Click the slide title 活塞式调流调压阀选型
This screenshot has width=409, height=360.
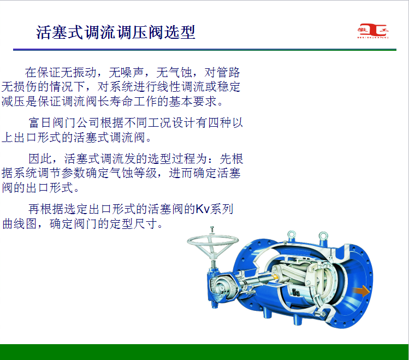coord(116,32)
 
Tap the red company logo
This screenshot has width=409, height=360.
coord(373,31)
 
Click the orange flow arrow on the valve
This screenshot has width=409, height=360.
coord(361,291)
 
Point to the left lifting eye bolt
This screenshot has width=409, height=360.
coord(292,235)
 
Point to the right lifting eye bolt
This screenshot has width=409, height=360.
coord(323,237)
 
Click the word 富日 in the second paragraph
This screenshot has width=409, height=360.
coord(40,122)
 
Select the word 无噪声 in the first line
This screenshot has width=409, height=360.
coord(126,72)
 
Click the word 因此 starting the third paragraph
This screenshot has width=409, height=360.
coord(40,158)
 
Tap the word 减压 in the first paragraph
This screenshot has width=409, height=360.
coord(13,101)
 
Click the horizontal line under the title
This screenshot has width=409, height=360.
coord(205,50)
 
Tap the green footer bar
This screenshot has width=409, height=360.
coord(204,352)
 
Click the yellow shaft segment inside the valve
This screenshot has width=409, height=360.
coord(275,276)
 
